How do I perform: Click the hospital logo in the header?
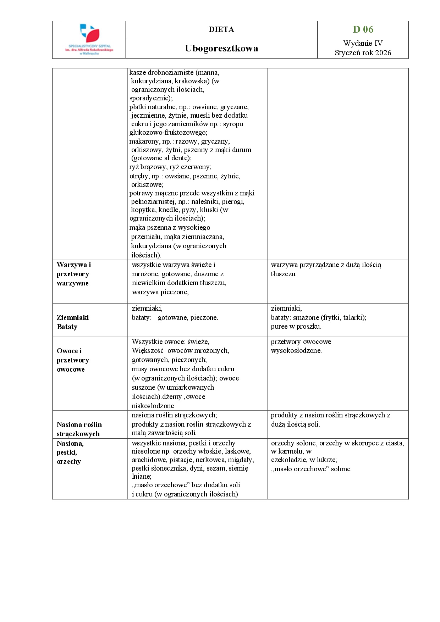89,39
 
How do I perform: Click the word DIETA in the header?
221,29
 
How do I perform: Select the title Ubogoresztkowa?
221,48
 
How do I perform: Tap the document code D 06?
363,29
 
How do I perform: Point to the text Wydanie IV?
363,43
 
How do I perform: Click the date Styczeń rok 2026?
363,53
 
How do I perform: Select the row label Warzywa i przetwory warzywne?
73,274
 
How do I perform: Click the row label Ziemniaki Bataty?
73,322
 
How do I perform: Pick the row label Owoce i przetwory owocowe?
73,360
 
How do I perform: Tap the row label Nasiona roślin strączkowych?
79,429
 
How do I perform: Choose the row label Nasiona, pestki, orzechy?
70,452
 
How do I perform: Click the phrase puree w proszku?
296,327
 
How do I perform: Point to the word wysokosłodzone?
296,351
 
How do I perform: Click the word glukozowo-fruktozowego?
168,133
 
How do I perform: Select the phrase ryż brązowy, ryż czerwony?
170,167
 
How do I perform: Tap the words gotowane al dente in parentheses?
161,158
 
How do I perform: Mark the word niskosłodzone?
153,406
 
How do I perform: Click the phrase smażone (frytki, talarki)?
329,317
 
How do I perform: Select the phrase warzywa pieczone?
160,292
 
